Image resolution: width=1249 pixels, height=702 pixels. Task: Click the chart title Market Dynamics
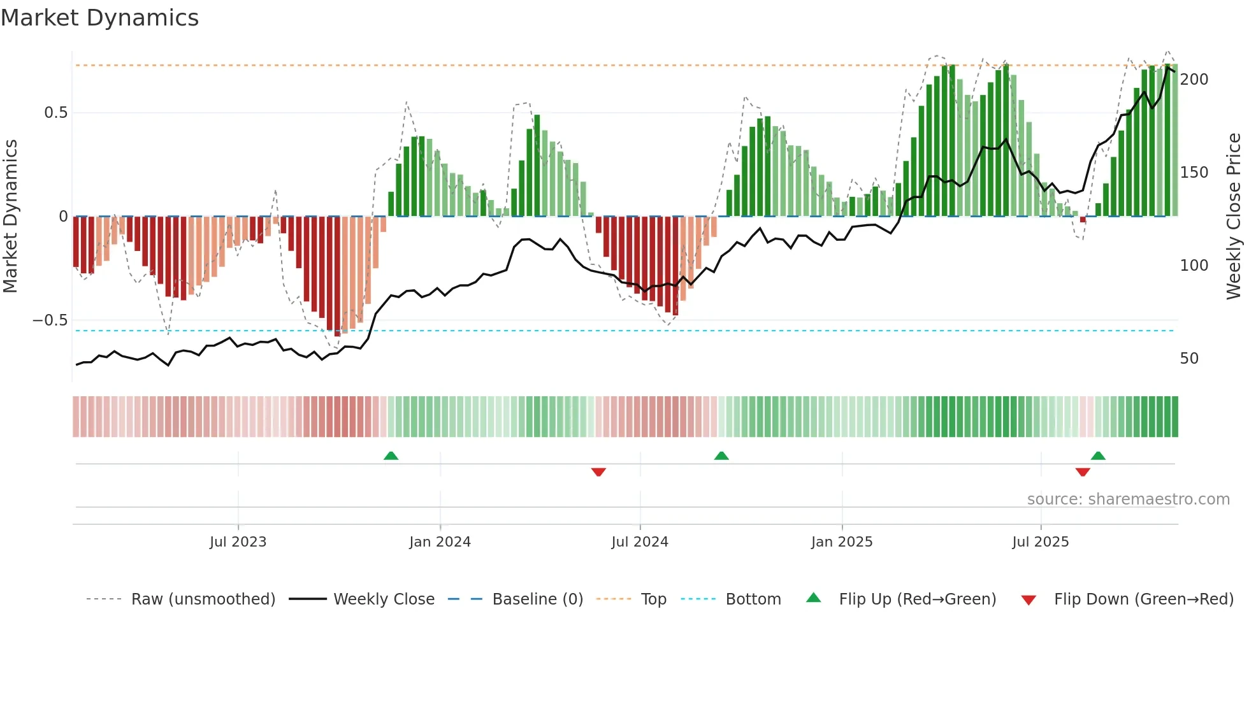pos(100,18)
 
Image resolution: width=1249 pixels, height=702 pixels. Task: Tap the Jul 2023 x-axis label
pos(238,542)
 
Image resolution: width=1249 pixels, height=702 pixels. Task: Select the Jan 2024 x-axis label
pos(440,542)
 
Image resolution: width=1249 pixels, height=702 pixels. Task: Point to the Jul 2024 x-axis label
pos(640,542)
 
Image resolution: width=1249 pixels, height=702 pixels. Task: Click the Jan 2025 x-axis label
pos(842,542)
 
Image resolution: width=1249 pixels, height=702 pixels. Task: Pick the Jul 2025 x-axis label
pos(1041,542)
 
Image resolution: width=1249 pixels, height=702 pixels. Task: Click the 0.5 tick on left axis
pos(55,113)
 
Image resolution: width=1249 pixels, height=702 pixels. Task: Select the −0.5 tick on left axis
pos(50,320)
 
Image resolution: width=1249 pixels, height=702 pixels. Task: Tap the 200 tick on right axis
pos(1194,80)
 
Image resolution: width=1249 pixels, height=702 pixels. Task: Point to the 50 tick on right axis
pos(1189,359)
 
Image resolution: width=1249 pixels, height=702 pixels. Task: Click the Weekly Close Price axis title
pos(1234,217)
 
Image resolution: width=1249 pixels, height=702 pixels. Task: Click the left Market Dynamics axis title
pos(10,217)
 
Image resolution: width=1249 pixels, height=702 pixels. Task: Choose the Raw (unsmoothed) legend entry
pos(203,599)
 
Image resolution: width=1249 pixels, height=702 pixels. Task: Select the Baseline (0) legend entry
pos(537,599)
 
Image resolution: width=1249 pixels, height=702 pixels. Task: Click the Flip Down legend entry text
pos(1143,599)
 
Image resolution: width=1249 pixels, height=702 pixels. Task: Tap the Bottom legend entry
pos(753,599)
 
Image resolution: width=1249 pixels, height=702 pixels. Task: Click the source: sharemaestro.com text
pos(1128,499)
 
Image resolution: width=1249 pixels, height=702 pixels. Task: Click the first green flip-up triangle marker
pos(391,455)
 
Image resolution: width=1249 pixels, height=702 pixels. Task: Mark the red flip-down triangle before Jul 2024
pos(598,472)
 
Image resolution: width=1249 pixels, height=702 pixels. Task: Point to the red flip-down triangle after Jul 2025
pos(1083,472)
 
